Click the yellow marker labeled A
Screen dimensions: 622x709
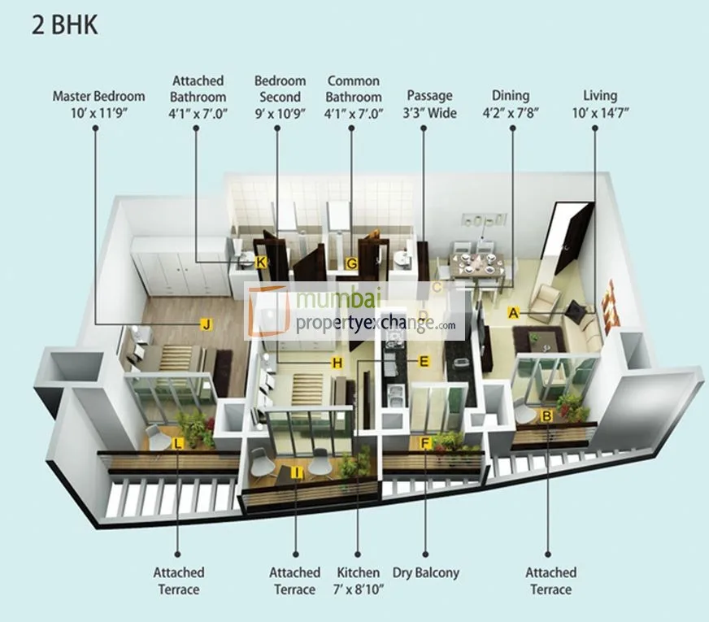point(513,311)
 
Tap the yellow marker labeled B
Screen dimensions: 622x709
point(547,415)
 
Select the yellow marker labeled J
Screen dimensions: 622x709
point(207,324)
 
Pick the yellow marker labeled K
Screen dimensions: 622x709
point(260,262)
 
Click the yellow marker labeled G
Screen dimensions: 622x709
point(351,263)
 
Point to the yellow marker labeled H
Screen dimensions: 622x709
point(337,363)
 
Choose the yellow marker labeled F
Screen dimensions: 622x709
point(424,443)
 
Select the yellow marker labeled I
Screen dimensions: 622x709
point(298,472)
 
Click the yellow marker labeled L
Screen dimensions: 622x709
point(178,443)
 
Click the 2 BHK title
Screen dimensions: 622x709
point(65,24)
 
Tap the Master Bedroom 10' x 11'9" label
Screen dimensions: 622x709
point(98,104)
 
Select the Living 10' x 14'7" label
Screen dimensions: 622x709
point(600,104)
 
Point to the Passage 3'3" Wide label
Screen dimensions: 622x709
point(429,104)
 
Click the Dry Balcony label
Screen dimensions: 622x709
point(425,572)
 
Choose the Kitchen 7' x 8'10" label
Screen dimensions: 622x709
point(358,581)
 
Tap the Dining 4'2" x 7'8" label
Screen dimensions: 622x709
point(511,104)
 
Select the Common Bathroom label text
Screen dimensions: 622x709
point(353,89)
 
